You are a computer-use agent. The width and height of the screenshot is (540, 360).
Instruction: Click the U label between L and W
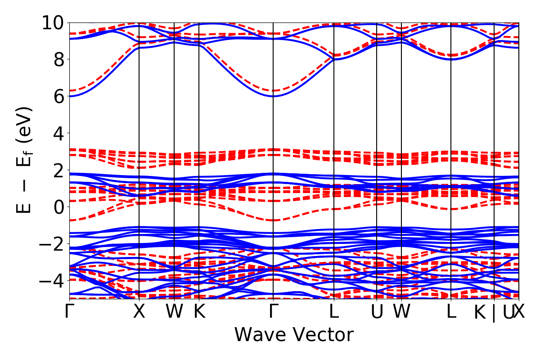tap(377, 312)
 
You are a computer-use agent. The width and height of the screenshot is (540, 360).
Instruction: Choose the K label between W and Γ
tap(199, 312)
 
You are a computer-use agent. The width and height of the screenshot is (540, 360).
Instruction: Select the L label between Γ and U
tap(333, 312)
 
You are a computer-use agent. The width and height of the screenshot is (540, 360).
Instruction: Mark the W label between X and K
tap(174, 312)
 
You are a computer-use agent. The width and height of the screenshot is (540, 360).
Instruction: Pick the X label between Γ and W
tap(139, 312)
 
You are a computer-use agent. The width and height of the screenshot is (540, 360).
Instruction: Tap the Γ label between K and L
tap(273, 312)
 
